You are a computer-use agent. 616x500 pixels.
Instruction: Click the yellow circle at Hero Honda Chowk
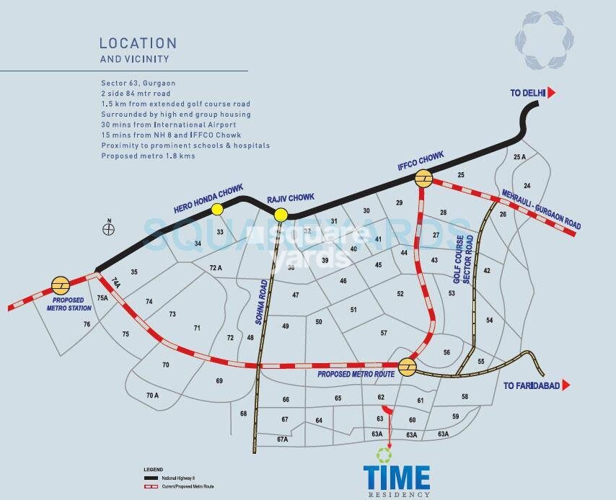pyautogui.click(x=216, y=209)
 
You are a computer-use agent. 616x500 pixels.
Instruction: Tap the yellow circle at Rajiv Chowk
pyautogui.click(x=281, y=214)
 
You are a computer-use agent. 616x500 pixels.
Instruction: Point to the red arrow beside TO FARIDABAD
pyautogui.click(x=567, y=386)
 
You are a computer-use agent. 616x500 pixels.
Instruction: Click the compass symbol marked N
pyautogui.click(x=109, y=229)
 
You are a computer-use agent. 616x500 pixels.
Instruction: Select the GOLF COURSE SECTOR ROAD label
pyautogui.click(x=462, y=259)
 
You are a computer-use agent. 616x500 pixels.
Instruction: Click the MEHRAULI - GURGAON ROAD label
pyautogui.click(x=540, y=209)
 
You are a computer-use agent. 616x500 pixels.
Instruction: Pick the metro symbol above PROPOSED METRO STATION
pyautogui.click(x=60, y=285)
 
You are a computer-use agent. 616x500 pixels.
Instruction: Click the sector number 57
pyautogui.click(x=384, y=333)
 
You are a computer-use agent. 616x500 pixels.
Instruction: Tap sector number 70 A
pyautogui.click(x=152, y=395)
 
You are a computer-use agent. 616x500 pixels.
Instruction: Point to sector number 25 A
pyautogui.click(x=519, y=157)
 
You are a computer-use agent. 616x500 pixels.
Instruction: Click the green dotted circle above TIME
pyautogui.click(x=384, y=455)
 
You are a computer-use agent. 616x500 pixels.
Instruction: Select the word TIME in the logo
pyautogui.click(x=397, y=478)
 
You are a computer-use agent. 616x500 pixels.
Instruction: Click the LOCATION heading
pyautogui.click(x=138, y=44)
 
